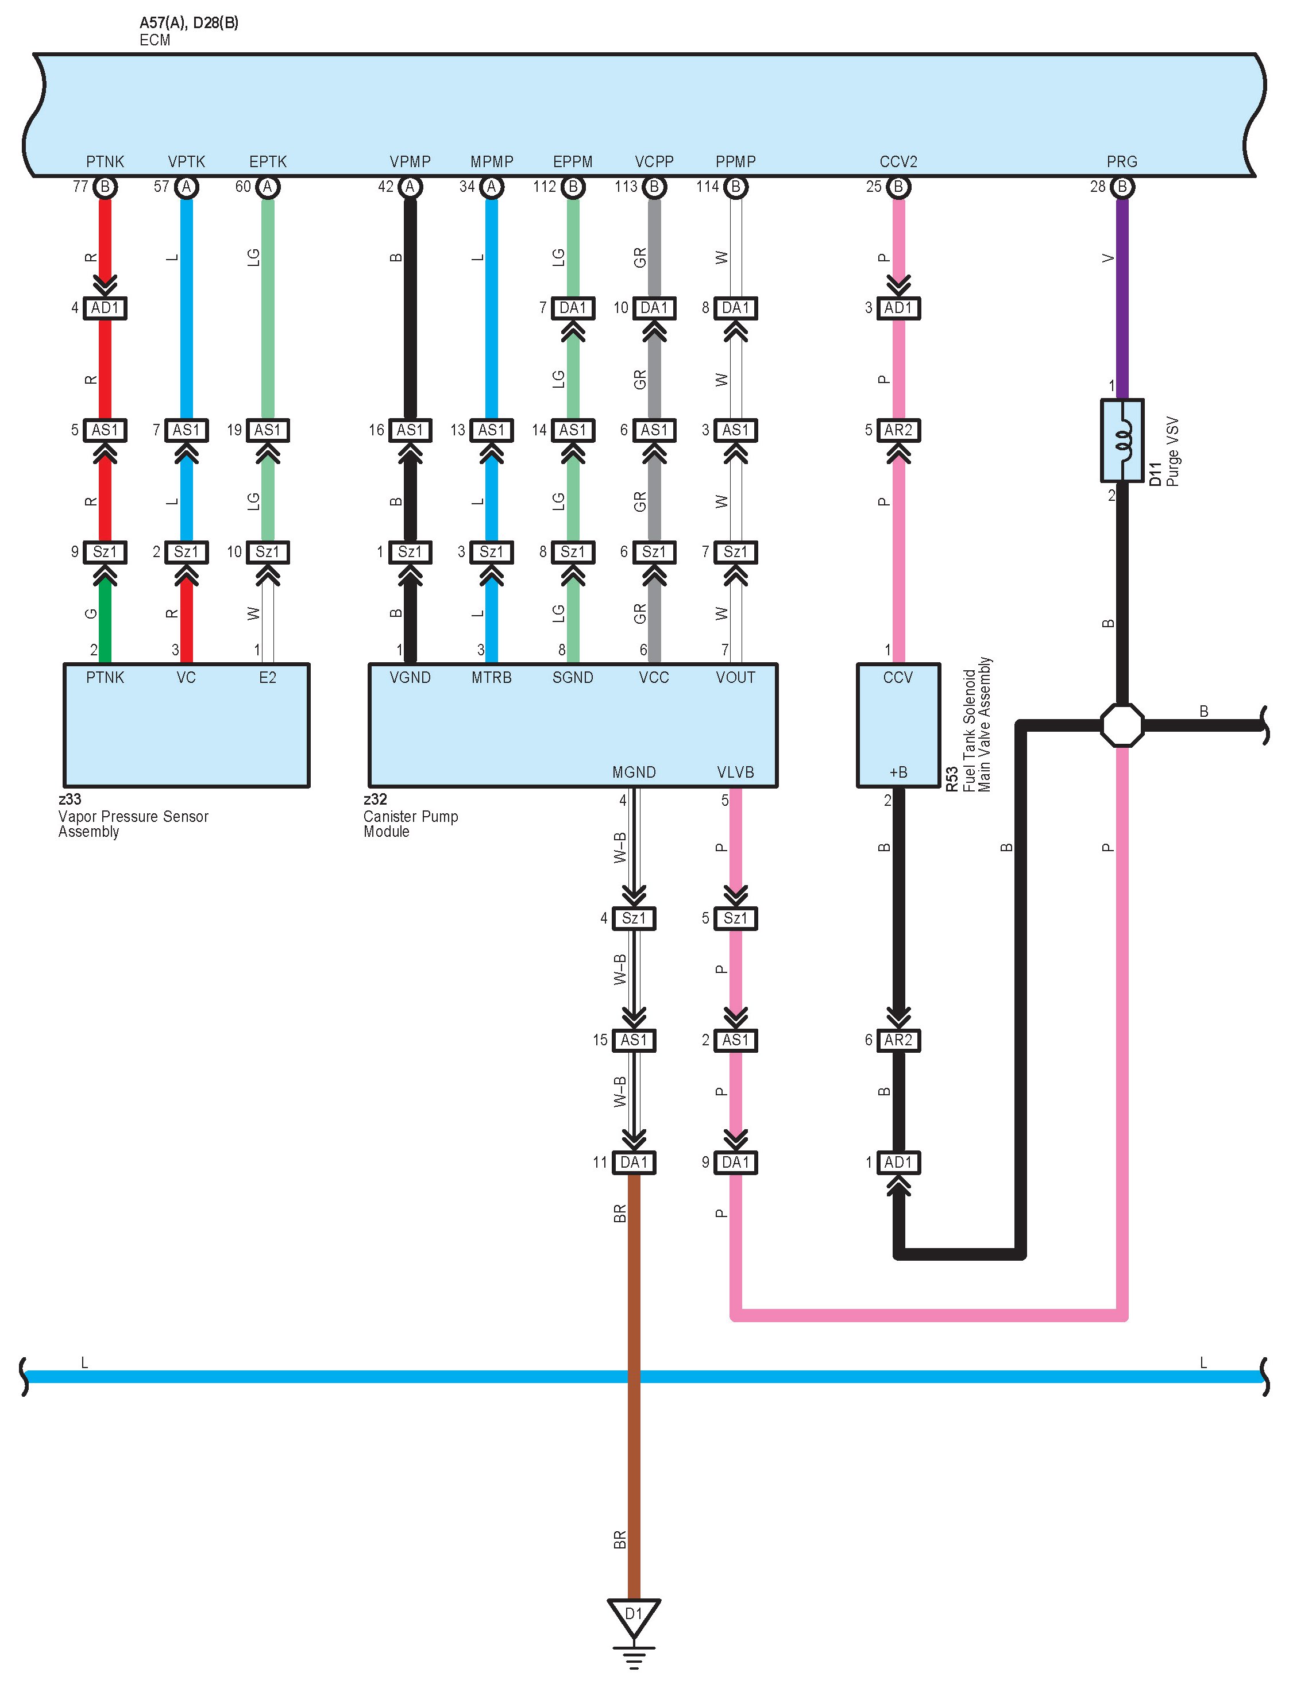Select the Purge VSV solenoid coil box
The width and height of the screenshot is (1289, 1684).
[x=1122, y=441]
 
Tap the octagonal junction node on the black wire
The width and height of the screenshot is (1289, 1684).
[x=1122, y=725]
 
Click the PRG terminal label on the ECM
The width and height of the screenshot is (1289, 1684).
[x=1122, y=162]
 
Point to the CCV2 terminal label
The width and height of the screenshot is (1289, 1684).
[x=898, y=162]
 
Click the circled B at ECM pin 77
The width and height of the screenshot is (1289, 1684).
[x=105, y=187]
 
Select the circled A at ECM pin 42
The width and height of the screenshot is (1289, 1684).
[x=411, y=187]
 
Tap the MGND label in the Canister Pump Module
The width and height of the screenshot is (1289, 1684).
[x=634, y=772]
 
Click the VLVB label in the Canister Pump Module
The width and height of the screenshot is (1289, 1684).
[x=735, y=772]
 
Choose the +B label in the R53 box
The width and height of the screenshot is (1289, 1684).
[x=898, y=772]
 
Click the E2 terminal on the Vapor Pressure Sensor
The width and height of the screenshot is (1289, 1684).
[x=268, y=677]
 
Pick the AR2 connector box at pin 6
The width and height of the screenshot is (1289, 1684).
[x=898, y=1040]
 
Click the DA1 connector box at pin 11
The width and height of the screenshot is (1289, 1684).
[x=634, y=1162]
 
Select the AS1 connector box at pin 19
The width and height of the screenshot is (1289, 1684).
[x=268, y=430]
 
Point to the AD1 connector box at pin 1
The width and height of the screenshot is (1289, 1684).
[x=898, y=1162]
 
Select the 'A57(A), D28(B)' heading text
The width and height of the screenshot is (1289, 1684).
[x=189, y=23]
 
